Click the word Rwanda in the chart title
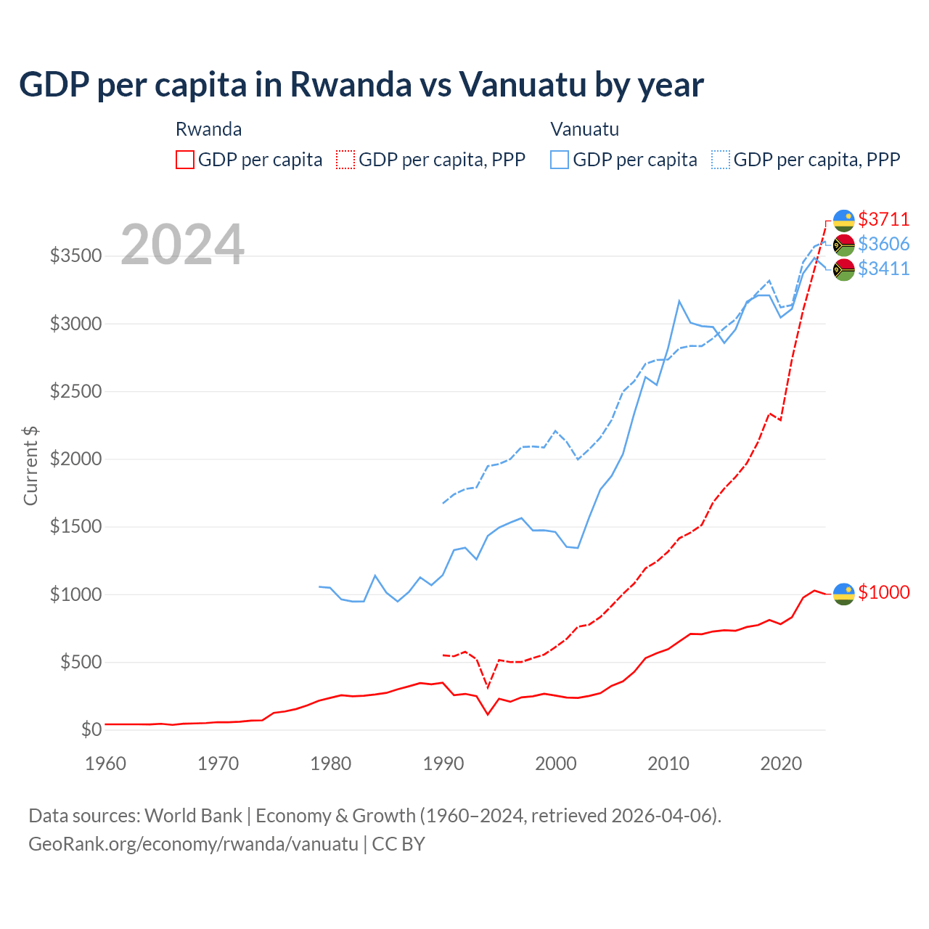pos(351,84)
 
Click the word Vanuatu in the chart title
pos(523,84)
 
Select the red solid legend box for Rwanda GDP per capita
pos(185,160)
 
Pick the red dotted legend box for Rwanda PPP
pos(345,160)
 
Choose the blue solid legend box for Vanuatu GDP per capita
pos(560,160)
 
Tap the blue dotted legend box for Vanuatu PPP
pos(721,160)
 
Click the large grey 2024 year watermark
pos(182,245)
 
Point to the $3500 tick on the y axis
pos(75,256)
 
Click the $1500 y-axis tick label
pos(75,527)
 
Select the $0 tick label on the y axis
pos(91,729)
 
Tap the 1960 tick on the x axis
pos(106,764)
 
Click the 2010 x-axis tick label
pos(668,764)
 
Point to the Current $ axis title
pos(30,466)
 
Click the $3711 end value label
pos(883,219)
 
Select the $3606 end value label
pos(883,244)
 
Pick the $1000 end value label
pos(883,592)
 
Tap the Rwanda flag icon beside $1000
pos(843,593)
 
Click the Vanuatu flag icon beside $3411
pos(843,269)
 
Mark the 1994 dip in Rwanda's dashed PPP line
pos(488,687)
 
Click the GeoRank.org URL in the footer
pos(193,844)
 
